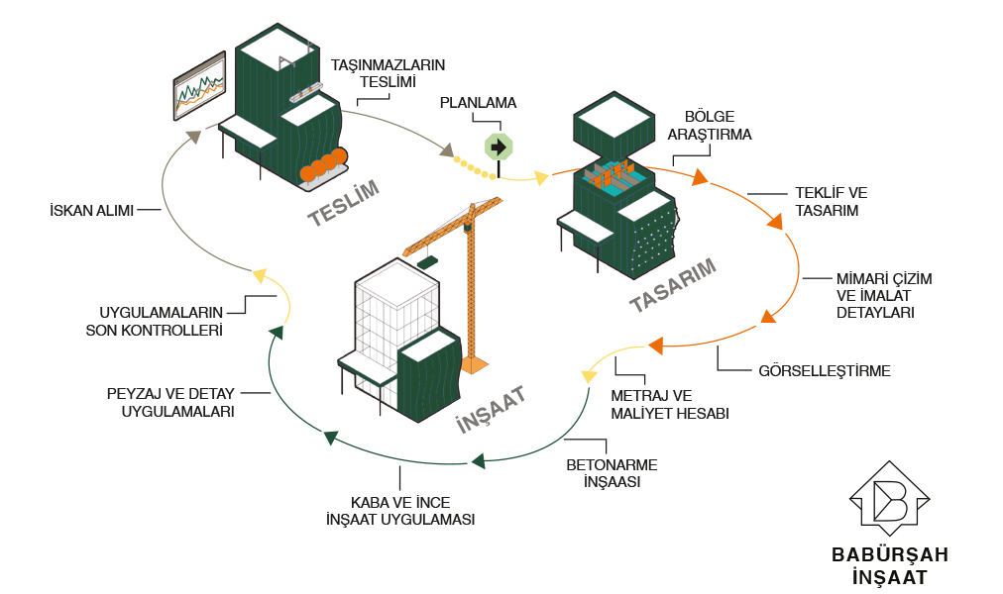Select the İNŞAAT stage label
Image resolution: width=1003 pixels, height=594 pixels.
click(490, 408)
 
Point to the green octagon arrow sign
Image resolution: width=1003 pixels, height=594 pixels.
click(498, 148)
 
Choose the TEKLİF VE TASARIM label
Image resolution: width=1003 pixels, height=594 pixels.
click(832, 201)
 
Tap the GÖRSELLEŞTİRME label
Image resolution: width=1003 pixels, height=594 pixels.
click(825, 371)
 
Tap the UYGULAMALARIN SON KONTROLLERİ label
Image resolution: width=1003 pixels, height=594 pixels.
click(160, 321)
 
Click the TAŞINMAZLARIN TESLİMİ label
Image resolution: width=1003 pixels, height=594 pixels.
click(388, 73)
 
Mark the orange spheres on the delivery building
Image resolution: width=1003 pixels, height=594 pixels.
click(324, 166)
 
